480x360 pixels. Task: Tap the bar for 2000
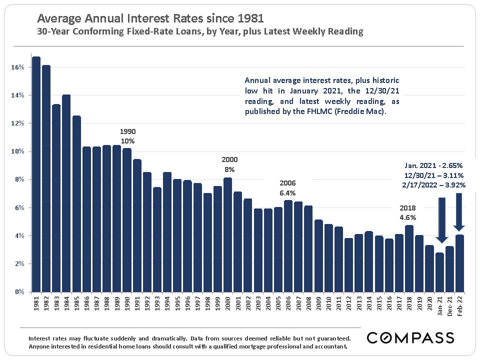(x=228, y=234)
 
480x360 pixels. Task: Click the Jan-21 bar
(x=440, y=272)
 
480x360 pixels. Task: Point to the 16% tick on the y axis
(x=17, y=67)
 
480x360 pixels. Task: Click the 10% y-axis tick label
(x=17, y=151)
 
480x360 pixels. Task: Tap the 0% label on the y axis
(x=19, y=291)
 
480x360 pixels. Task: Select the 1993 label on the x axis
(x=157, y=304)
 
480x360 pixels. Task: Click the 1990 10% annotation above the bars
(x=128, y=136)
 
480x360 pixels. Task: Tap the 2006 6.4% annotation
(x=288, y=187)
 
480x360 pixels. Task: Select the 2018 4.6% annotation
(x=407, y=213)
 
